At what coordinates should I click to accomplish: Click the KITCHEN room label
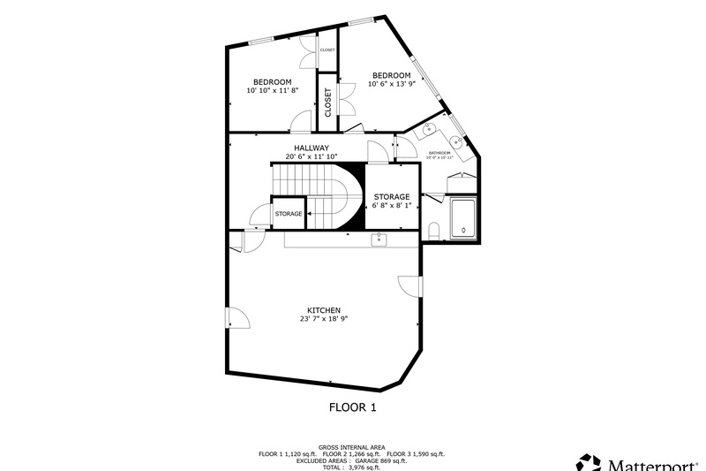pos(324,310)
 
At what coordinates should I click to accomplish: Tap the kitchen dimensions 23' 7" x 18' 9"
pos(324,319)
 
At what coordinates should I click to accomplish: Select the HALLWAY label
pos(312,148)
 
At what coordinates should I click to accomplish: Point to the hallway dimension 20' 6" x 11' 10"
pos(312,156)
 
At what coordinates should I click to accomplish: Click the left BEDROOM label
pos(273,82)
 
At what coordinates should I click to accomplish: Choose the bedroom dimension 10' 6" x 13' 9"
pos(390,84)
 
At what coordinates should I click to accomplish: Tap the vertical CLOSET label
pos(327,102)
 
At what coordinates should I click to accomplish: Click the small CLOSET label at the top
pos(327,50)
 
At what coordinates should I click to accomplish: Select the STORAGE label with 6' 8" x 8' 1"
pos(391,196)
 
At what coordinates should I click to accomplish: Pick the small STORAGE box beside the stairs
pos(289,214)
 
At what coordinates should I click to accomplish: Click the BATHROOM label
pos(439,153)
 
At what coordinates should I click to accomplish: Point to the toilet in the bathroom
pos(433,230)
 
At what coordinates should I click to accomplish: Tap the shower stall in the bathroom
pos(464,218)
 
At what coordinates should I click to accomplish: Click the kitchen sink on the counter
pos(379,239)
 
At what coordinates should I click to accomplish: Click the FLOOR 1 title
pos(353,407)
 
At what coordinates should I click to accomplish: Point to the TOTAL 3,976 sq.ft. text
pos(353,467)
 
